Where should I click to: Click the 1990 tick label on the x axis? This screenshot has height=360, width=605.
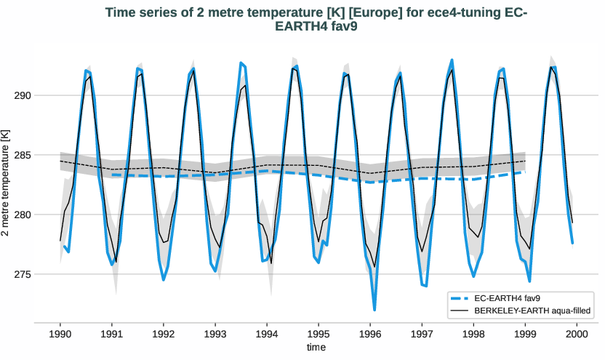(x=60, y=333)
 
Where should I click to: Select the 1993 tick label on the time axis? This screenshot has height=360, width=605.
(x=215, y=333)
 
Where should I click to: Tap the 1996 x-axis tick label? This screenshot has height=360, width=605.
(x=370, y=333)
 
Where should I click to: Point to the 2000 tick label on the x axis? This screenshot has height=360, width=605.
(x=577, y=333)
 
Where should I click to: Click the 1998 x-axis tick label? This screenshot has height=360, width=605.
(x=473, y=333)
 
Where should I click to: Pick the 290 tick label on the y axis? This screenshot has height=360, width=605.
(x=26, y=95)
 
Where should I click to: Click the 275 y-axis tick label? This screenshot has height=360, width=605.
(x=26, y=274)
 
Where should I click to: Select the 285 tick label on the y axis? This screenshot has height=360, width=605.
(x=26, y=155)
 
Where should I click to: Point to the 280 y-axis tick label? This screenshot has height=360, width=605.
(x=26, y=215)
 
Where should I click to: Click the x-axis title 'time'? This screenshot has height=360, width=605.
(x=316, y=348)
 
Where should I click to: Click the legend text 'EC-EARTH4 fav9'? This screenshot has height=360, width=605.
(x=506, y=298)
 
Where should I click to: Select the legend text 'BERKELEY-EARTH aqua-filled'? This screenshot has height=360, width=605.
(x=531, y=311)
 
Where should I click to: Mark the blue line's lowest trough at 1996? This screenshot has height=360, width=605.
(x=374, y=310)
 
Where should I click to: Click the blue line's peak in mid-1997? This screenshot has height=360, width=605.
(x=452, y=60)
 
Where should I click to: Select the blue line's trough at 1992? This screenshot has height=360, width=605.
(x=164, y=279)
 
